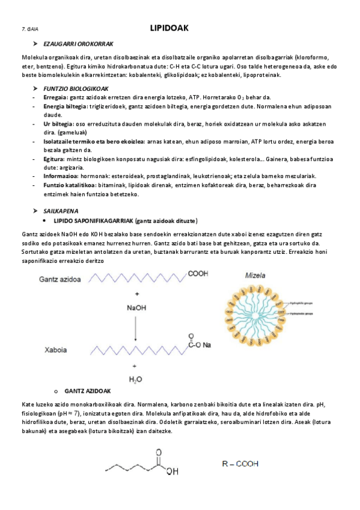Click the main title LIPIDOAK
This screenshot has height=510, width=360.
(x=169, y=28)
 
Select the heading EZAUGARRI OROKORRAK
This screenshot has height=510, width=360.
(x=79, y=45)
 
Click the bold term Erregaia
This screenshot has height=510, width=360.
(x=56, y=97)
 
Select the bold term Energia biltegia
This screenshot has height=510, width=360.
(x=66, y=106)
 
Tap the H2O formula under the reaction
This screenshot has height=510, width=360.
(x=136, y=379)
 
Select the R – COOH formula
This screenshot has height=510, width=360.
(x=240, y=464)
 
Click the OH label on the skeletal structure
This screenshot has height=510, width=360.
(x=172, y=472)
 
